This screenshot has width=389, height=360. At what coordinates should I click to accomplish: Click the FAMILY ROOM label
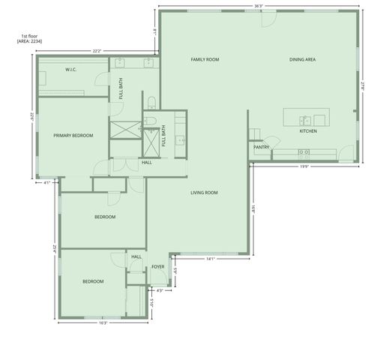point(205,59)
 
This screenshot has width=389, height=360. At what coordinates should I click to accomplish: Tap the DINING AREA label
point(303,59)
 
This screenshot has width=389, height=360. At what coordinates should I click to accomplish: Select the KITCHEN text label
point(308,131)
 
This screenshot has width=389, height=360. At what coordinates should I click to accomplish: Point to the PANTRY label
point(261,148)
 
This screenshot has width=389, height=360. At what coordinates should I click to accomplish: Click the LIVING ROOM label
point(204,193)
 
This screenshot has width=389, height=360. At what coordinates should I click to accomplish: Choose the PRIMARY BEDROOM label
point(73,135)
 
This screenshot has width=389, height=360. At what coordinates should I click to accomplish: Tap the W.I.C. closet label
point(71,70)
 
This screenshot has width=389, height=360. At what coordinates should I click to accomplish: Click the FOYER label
point(158,267)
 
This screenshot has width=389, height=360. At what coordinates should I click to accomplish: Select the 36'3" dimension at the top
point(259,7)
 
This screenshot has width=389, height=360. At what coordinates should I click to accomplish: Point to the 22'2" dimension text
point(97,51)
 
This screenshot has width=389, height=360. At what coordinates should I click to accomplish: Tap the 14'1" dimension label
point(211,259)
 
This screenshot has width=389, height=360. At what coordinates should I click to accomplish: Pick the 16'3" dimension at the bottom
point(103,323)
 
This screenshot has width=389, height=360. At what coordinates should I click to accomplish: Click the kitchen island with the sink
point(306,118)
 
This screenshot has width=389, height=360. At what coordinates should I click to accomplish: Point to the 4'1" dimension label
point(46,182)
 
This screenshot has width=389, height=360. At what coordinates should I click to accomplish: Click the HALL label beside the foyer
point(136,256)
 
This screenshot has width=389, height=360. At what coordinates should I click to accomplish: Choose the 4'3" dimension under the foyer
point(160,290)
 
